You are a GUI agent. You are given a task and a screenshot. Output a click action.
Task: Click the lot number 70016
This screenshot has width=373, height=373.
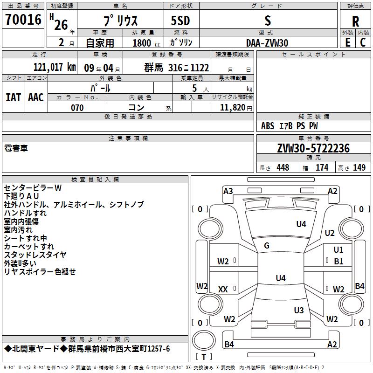coord(23,20)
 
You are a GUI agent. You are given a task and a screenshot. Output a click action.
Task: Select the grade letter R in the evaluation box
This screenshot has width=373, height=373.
coord(355,21)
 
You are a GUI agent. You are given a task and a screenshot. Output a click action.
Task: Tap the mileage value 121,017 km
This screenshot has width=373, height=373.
coord(55,67)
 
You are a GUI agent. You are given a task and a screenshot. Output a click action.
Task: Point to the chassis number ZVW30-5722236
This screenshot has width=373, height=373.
coord(313,148)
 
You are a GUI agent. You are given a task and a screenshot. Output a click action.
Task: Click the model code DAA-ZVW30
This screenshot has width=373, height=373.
coord(267,43)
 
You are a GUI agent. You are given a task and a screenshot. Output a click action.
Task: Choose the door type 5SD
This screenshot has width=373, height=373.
coord(180,21)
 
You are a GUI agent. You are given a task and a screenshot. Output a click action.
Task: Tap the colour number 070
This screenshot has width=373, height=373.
coord(77,108)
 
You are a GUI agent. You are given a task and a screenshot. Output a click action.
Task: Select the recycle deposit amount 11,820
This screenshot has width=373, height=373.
coord(233,108)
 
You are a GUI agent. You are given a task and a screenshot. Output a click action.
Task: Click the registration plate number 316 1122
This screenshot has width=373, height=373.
coord(188,68)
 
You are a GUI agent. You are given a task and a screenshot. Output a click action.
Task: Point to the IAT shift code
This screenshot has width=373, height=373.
coord(14,97)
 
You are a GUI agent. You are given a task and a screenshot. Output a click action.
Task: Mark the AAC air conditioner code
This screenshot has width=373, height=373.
coord(36,97)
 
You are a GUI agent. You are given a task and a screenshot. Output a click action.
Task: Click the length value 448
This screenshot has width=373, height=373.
coord(283,167)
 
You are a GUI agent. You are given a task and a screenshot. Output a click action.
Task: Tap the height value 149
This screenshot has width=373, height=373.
coord(359,167)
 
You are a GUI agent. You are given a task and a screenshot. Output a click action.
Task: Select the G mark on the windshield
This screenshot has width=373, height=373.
coord(267,246)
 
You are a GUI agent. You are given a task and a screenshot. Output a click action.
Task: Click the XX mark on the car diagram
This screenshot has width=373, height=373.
coord(223,290)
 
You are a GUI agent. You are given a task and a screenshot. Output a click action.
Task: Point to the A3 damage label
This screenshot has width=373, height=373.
coord(228,191)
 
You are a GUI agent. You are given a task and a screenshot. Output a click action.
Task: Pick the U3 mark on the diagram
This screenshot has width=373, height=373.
coord(299,310)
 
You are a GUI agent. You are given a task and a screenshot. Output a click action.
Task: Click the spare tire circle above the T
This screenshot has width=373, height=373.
coord(204,340)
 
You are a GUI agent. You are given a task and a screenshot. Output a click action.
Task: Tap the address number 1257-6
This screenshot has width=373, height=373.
coord(159,349)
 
